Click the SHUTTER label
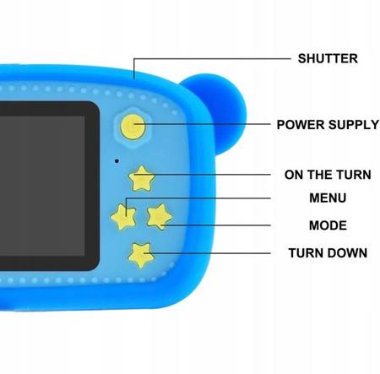tap(328, 58)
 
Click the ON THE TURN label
tap(328, 175)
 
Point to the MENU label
tap(328, 198)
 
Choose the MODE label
tap(328, 225)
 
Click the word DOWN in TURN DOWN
tap(347, 253)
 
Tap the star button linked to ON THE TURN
tap(141, 179)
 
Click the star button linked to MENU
tap(123, 217)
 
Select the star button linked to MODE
tap(159, 217)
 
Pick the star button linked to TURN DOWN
tap(141, 255)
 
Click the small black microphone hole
tap(117, 161)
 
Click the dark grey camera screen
tap(42, 186)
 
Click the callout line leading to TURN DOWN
tap(207, 253)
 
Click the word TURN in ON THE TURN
tap(354, 175)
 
